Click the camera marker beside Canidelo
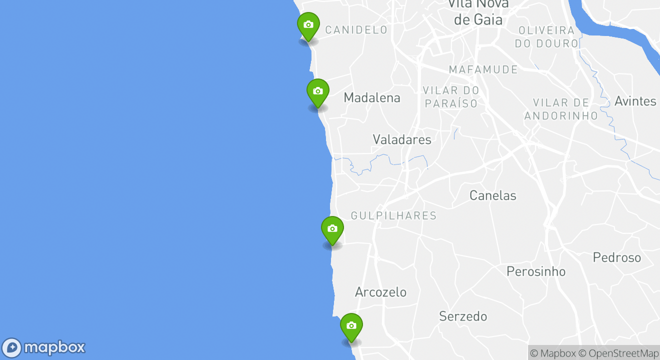pos(308,25)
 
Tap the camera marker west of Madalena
pos(317,91)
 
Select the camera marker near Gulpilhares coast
pos(332,229)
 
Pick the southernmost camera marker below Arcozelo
pos(351,326)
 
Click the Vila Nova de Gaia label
pos(478,12)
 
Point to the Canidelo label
pos(356,30)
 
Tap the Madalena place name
pos(372,98)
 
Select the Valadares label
pos(402,139)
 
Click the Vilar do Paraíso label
pos(451,97)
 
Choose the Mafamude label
pos(483,69)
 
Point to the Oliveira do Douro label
pos(546,37)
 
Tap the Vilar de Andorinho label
pos(560,109)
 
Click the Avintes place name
pos(635,101)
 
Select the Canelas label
pos(492,195)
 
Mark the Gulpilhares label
pos(393,216)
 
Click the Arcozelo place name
pos(380,292)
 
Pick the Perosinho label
pos(536,271)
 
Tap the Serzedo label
pos(463,316)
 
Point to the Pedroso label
pos(616,257)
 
